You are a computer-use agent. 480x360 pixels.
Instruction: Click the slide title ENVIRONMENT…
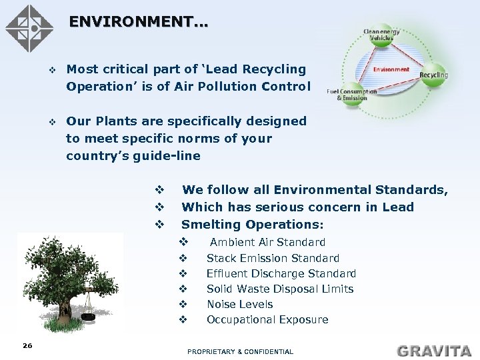click(138, 22)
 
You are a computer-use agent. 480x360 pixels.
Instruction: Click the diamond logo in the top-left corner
click(29, 29)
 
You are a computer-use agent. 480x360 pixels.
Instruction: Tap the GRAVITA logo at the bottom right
click(434, 350)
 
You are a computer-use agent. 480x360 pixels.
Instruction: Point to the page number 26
click(27, 345)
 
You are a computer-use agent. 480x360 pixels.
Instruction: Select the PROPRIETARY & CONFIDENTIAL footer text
click(240, 351)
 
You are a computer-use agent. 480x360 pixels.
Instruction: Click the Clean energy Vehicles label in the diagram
click(381, 34)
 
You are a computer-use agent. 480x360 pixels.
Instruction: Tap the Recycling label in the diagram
click(433, 75)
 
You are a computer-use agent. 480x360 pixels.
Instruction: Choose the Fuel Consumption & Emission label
click(351, 95)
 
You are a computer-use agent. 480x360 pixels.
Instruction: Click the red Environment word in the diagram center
click(391, 69)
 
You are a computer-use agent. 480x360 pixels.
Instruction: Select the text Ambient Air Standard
click(267, 242)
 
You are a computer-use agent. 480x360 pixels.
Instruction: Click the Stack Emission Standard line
click(273, 258)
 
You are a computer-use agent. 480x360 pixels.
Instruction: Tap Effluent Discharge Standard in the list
click(281, 273)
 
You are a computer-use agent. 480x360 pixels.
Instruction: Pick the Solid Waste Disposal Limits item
click(279, 289)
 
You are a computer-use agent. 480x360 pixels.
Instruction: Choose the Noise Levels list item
click(239, 304)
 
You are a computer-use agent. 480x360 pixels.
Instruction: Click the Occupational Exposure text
click(267, 319)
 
